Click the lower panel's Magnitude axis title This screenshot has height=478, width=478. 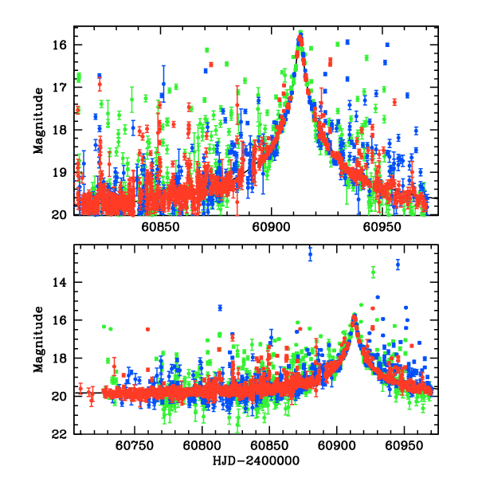point(38,339)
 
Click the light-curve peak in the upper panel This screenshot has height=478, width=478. point(300,33)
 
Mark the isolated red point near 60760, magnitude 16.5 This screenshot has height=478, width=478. point(147,329)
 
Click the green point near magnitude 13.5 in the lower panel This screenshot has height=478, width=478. point(373,272)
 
